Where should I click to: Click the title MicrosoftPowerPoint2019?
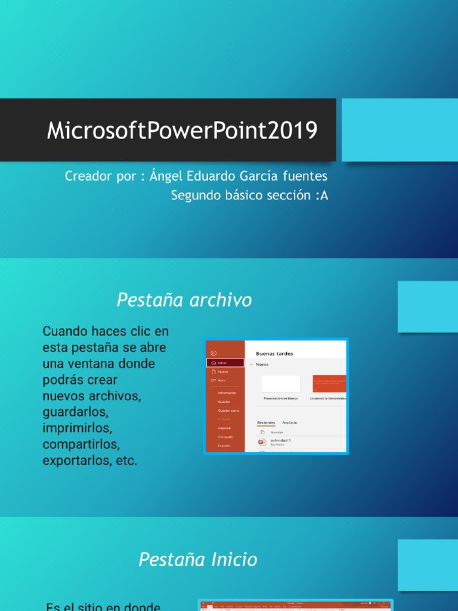[182, 130]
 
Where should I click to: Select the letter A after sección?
[324, 195]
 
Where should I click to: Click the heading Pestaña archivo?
[184, 300]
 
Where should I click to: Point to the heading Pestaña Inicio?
[198, 560]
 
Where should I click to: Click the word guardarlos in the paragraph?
[75, 412]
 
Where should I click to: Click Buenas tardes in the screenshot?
[274, 353]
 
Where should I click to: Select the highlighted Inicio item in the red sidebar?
[225, 363]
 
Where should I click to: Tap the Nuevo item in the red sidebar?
[223, 372]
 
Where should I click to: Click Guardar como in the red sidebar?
[228, 411]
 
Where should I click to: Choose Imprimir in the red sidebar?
[224, 428]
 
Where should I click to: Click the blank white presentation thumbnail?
[281, 384]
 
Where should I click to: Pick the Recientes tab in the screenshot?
[266, 422]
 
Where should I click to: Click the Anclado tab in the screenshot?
[290, 422]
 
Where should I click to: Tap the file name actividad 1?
[280, 440]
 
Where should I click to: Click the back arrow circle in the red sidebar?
[213, 353]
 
